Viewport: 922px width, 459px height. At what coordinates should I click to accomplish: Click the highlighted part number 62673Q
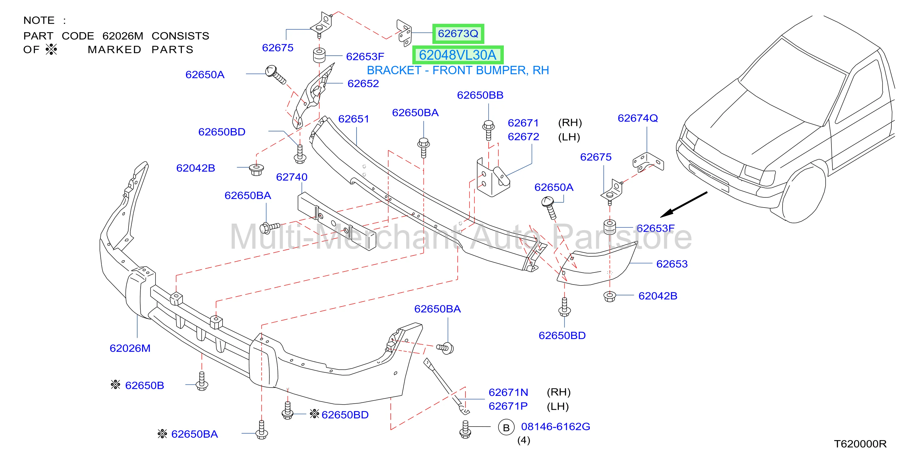click(x=458, y=34)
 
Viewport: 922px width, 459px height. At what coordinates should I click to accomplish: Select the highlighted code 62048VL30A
click(x=457, y=55)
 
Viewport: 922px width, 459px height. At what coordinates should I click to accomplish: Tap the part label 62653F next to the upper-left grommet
click(x=365, y=57)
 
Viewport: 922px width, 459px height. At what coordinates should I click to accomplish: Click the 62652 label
click(x=363, y=84)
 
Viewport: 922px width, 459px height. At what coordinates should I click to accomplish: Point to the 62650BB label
click(x=480, y=95)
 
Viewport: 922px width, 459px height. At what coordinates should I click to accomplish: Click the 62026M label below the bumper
click(x=130, y=348)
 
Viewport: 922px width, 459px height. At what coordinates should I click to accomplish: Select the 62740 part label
click(x=291, y=177)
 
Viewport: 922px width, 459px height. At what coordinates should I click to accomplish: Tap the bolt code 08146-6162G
click(x=555, y=427)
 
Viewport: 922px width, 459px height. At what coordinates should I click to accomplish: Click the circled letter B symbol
click(x=506, y=427)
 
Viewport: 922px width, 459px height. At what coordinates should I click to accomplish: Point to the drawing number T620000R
click(x=860, y=444)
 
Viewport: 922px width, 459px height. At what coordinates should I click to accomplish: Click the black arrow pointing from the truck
click(x=683, y=204)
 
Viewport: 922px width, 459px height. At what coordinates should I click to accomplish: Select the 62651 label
click(x=353, y=119)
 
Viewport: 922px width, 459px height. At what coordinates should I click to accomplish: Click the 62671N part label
click(x=508, y=393)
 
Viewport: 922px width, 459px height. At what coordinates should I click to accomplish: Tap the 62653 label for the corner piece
click(x=672, y=264)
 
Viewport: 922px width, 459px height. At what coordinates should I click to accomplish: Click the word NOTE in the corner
click(x=39, y=20)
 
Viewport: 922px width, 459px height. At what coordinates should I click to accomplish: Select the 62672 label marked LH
click(x=523, y=137)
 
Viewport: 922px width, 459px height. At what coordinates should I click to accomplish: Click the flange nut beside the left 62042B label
click(x=256, y=169)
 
